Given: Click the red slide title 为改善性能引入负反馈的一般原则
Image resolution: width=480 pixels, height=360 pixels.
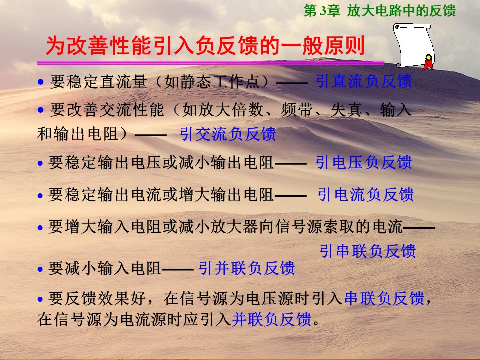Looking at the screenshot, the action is [205, 46].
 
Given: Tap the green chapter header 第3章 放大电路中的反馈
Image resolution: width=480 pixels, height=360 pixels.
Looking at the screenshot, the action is [380, 11].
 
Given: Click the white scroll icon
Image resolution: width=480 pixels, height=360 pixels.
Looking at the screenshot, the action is [413, 46].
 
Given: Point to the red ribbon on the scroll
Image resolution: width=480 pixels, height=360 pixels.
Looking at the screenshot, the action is [428, 63].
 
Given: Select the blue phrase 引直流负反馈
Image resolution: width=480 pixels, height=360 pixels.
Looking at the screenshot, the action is [364, 81].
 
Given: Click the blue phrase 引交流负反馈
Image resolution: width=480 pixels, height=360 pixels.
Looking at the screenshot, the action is [228, 134].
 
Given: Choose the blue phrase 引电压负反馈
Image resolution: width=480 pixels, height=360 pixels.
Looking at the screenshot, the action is [364, 162].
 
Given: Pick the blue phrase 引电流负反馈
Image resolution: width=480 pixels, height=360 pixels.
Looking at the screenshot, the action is [366, 194].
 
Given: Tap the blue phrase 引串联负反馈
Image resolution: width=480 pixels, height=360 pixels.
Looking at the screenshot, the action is [368, 251].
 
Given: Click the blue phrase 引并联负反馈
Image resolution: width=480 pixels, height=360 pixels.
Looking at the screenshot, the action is [246, 268].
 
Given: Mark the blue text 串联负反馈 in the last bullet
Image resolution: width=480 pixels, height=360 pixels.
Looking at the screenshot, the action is [384, 298].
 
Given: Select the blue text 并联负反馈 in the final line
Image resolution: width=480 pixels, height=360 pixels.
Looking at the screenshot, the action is [272, 319].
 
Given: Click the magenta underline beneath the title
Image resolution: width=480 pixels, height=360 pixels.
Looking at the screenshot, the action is [210, 63].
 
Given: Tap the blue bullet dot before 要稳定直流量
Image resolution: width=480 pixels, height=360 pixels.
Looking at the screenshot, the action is [40, 82].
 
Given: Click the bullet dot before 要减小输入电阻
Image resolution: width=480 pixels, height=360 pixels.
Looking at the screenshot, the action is [40, 269].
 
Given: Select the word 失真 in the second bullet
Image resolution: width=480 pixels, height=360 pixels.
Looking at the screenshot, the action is [347, 110].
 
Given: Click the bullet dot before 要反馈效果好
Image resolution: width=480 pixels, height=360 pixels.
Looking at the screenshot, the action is [40, 299].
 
